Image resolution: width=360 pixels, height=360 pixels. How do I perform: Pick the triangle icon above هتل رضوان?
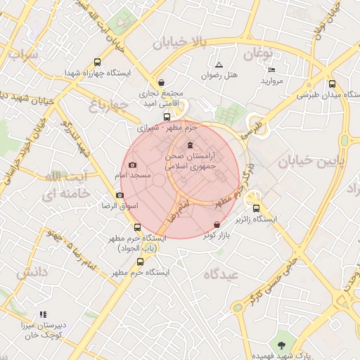pyautogui.click(x=219, y=65)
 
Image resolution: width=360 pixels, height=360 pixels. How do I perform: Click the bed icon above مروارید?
pyautogui.click(x=272, y=70)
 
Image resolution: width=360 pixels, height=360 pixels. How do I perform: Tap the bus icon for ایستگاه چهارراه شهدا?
pyautogui.click(x=96, y=62)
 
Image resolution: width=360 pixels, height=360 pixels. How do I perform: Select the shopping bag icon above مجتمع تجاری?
pyautogui.click(x=162, y=82)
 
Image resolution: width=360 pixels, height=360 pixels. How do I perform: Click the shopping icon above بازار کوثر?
pyautogui.click(x=216, y=224)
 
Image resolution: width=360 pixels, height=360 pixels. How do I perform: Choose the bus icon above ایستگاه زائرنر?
pyautogui.click(x=255, y=208)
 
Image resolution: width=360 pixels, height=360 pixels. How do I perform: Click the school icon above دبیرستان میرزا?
pyautogui.click(x=43, y=314)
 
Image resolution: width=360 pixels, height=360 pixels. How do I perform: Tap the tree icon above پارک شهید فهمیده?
pyautogui.click(x=282, y=345)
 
